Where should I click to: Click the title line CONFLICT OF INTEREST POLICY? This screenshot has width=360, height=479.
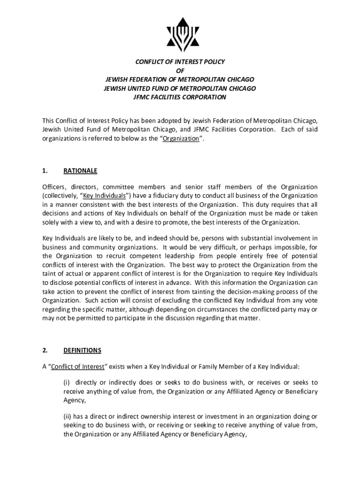point(180,62)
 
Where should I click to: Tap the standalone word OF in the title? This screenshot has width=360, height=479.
point(180,71)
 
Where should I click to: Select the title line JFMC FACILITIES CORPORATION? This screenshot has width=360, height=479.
point(180,97)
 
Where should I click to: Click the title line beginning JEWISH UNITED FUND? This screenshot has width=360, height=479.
point(180,88)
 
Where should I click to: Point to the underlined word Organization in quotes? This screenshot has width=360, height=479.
point(181,138)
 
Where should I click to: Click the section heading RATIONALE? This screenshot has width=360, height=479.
point(80,170)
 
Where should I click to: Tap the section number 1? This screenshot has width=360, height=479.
point(44,170)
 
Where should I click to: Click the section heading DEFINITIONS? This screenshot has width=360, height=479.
point(82,350)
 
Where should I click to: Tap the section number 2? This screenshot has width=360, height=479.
point(44,350)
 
